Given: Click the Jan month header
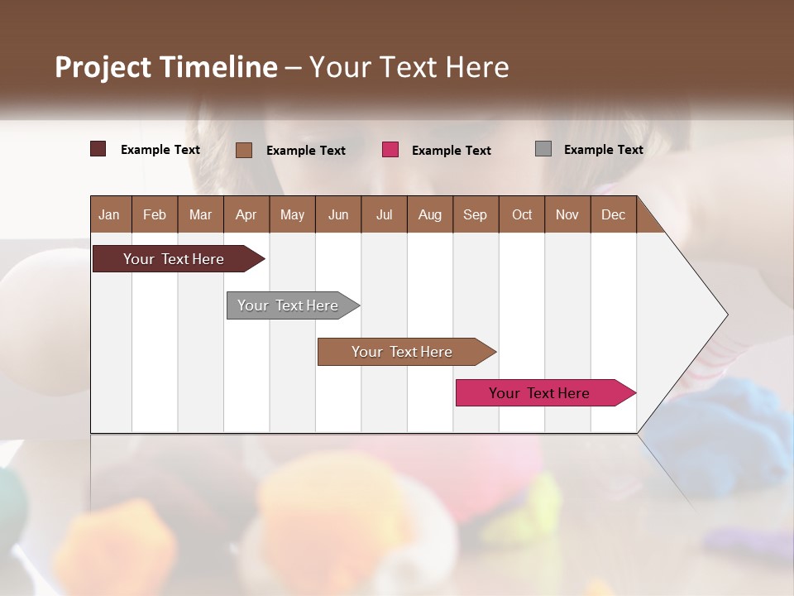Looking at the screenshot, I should coord(109,214).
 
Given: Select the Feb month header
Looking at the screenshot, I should coord(155,214).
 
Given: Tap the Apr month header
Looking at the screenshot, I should coord(246,214).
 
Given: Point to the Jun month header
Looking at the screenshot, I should coord(338,214).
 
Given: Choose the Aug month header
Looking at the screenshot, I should coord(429,214).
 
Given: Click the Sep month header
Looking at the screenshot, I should coord(475,214).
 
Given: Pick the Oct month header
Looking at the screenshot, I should coord(522,214).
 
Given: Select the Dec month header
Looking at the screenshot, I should coord(613,214).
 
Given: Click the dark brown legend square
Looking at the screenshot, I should coord(98,149).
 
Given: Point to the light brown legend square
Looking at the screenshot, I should coord(244,150).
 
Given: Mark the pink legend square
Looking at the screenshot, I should coord(390,150).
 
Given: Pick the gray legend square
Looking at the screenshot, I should coord(543,149).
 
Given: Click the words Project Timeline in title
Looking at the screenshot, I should coord(165,67).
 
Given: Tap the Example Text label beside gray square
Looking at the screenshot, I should coord(603,150).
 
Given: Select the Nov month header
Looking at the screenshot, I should coord(567,214).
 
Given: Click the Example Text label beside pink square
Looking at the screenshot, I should coord(451,151).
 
